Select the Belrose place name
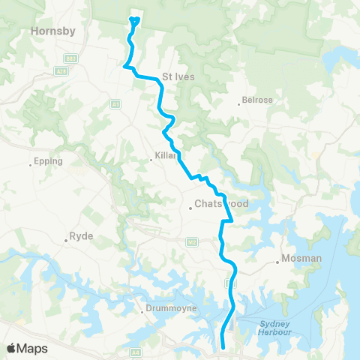[x=257, y=100]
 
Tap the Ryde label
[x=81, y=236]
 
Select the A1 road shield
[x=115, y=104]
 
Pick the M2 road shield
[x=192, y=241]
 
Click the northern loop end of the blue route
[x=135, y=19]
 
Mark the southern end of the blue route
[x=223, y=346]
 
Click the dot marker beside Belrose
[x=239, y=103]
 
